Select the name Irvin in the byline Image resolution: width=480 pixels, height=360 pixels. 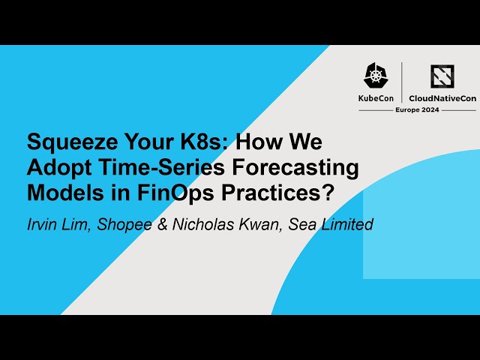coord(43,223)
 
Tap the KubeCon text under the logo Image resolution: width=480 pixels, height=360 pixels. coord(377,98)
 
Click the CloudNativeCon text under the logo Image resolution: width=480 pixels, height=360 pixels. coord(442,98)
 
